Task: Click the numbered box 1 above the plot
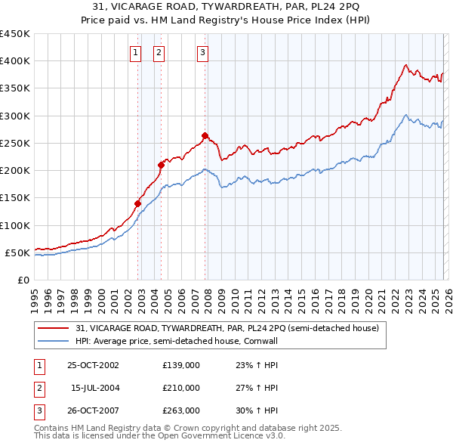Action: tap(135, 52)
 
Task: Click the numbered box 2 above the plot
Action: tap(159, 52)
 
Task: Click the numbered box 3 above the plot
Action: tap(203, 52)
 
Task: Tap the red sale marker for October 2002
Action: tap(138, 203)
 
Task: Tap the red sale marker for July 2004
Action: tap(161, 165)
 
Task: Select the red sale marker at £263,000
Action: tap(205, 136)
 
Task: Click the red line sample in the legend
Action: tap(54, 328)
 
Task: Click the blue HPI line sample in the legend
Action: tap(54, 341)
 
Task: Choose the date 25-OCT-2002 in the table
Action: tap(94, 365)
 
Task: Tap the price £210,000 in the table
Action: tap(181, 388)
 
